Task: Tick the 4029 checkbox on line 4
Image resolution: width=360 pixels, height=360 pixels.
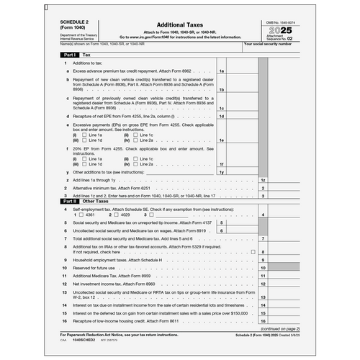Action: [x=107, y=215]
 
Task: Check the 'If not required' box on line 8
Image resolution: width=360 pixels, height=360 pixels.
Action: [x=253, y=252]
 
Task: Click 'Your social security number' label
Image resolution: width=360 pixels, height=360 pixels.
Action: [x=269, y=44]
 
